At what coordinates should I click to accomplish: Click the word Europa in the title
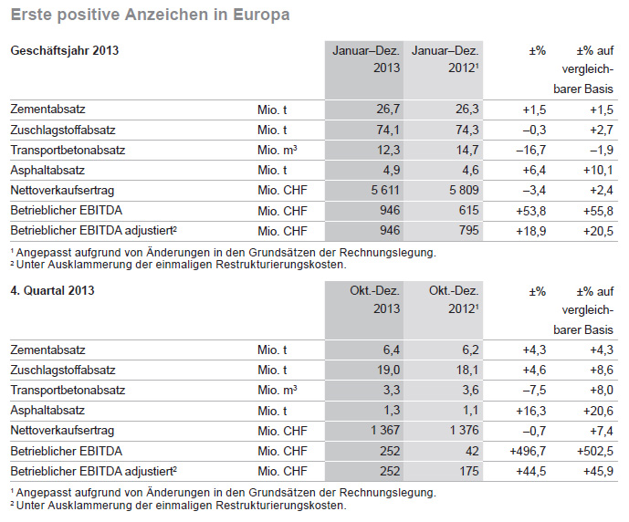pos(261,15)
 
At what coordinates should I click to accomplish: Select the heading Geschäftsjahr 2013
pos(65,50)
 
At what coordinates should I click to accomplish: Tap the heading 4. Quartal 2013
pos(52,290)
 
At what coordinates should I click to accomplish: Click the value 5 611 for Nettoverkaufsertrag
pos(385,190)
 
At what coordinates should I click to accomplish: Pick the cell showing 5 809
pos(464,190)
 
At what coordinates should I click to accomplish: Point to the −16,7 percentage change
pos(530,150)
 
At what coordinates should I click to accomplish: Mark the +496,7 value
pos(528,451)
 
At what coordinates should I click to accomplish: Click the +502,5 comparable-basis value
pos(595,451)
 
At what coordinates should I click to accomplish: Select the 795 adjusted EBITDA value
pos(469,231)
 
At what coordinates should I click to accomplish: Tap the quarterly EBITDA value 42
pos(472,451)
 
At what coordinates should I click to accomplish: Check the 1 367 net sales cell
pos(385,430)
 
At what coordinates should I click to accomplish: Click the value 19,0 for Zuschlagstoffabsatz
pos(388,370)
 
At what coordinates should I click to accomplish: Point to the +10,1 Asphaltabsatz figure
pos(598,170)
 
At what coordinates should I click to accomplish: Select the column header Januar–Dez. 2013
pos(366,59)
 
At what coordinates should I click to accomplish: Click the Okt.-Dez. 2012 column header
pos(454,299)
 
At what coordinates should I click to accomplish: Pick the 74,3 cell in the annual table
pos(467,130)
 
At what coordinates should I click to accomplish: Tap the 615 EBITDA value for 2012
pos(469,211)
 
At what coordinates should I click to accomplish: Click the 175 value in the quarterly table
pos(469,471)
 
